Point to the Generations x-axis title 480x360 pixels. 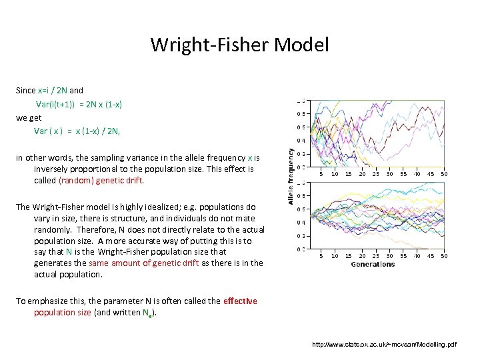pos(373,264)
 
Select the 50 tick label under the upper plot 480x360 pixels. pos(444,174)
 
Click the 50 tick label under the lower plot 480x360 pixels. pos(444,255)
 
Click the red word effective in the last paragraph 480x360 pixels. pos(240,301)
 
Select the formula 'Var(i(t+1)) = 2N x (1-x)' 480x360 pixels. pos(79,105)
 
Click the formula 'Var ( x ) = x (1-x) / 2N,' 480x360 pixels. pos(77,131)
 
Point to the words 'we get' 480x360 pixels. pos(29,117)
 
